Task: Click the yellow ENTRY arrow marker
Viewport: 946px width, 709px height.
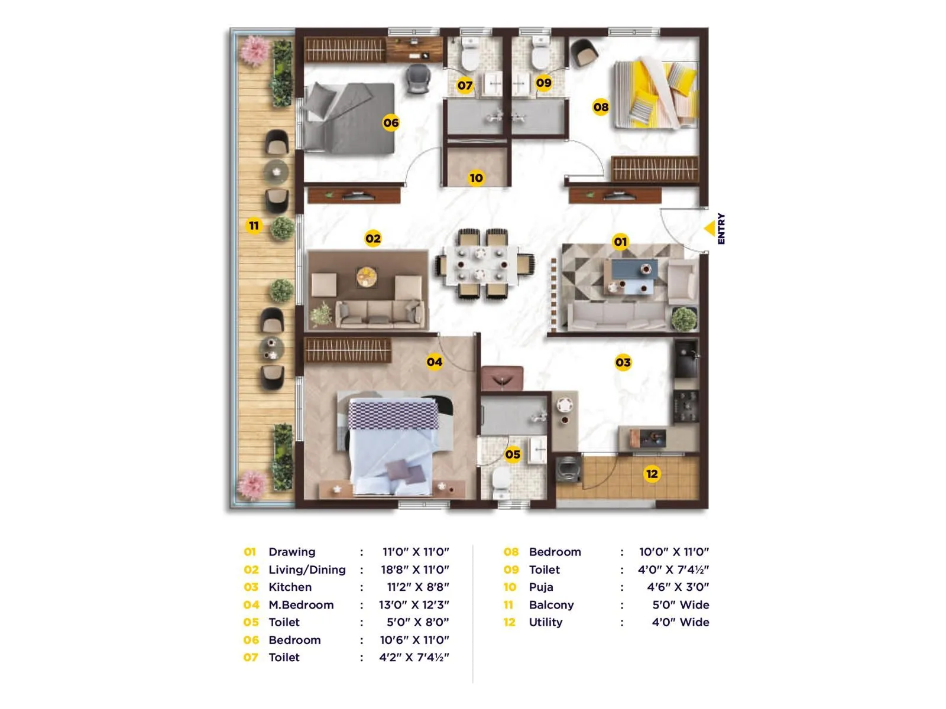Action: click(710, 228)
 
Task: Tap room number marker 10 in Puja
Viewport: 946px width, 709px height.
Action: click(476, 178)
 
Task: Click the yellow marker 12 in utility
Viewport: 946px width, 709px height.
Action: click(652, 474)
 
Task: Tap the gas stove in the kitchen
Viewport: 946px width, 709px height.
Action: click(686, 406)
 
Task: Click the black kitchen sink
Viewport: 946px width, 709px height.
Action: click(686, 359)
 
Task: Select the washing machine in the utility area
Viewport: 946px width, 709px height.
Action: click(568, 469)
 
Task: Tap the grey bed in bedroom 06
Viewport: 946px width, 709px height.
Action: click(349, 118)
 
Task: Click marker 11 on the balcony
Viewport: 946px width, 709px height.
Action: click(254, 226)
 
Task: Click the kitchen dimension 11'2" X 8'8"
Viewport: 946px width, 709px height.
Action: click(417, 587)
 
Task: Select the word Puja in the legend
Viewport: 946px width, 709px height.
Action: click(541, 587)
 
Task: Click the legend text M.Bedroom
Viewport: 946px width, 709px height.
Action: click(301, 604)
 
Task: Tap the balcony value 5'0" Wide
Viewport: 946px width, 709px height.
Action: click(681, 604)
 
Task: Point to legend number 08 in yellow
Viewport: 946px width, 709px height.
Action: click(511, 552)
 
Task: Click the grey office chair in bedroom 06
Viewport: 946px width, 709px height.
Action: click(417, 79)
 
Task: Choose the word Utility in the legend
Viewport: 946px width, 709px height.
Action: click(545, 622)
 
